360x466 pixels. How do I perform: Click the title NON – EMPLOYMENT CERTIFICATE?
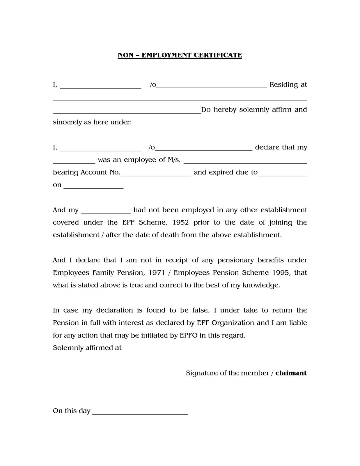point(180,55)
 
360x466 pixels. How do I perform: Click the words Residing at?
point(288,85)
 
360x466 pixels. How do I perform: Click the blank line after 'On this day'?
point(140,412)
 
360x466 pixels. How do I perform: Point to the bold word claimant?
point(291,373)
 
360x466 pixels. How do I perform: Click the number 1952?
point(181,223)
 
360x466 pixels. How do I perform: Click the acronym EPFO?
point(188,336)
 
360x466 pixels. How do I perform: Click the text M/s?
point(174,160)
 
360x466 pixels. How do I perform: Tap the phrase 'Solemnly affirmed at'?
point(87,348)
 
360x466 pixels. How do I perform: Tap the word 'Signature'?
point(202,373)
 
